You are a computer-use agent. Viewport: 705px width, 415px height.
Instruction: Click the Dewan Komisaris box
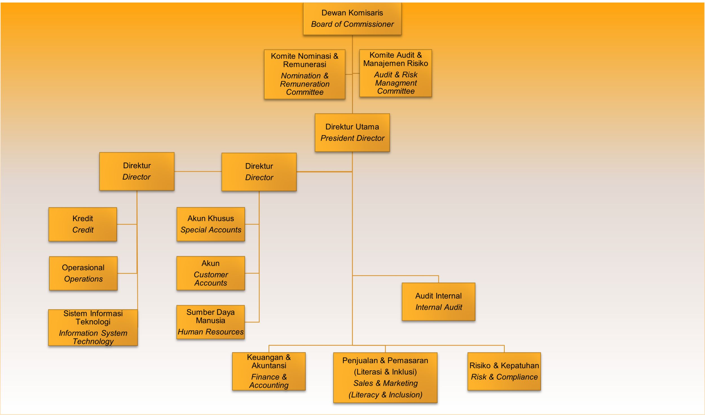[x=352, y=19]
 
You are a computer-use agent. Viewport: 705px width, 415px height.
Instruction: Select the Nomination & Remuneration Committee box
[x=305, y=74]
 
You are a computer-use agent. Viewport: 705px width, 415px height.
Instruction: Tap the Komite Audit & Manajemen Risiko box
[x=395, y=73]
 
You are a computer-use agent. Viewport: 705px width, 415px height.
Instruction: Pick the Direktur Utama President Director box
[x=352, y=133]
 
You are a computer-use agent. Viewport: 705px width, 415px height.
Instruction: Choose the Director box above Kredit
[x=137, y=171]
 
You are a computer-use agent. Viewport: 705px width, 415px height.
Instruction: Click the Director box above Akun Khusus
[x=259, y=172]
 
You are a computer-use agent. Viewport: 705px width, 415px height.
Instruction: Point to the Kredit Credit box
[x=83, y=224]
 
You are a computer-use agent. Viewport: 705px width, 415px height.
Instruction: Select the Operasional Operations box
[x=83, y=273]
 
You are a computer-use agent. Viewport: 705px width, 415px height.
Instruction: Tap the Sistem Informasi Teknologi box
[x=93, y=327]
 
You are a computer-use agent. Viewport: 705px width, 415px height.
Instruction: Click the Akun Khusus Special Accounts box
[x=211, y=224]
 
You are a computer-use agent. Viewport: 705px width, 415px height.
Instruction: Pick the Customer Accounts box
[x=211, y=273]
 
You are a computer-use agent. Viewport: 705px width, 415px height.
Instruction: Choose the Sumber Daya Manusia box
[x=211, y=322]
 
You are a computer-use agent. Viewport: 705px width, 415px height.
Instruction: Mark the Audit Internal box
[x=439, y=302]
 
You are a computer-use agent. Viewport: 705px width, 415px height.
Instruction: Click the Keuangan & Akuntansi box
[x=269, y=371]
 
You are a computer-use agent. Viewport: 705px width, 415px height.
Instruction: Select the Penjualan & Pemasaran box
[x=385, y=378]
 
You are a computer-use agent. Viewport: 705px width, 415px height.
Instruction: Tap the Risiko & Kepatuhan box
[x=504, y=371]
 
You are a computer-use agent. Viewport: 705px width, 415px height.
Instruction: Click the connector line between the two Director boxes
[x=198, y=171]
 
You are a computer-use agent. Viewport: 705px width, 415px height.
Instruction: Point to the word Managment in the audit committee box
[x=396, y=83]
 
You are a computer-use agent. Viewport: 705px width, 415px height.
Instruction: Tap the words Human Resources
[x=211, y=332]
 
